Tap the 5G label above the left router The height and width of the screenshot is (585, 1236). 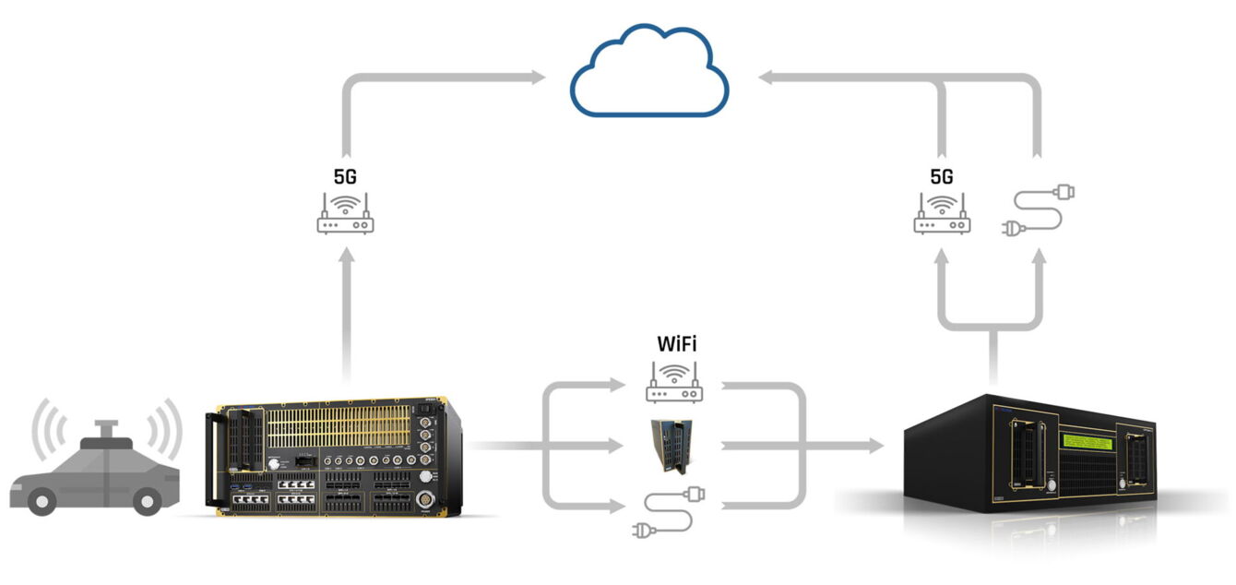[x=345, y=176]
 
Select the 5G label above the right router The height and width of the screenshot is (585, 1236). [x=942, y=176]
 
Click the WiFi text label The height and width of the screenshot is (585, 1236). [x=676, y=344]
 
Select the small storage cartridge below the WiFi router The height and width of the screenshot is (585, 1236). [x=671, y=447]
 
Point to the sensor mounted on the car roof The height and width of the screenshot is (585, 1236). [x=106, y=434]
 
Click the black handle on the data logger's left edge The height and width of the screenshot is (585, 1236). [x=211, y=460]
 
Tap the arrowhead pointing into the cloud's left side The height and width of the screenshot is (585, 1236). [x=539, y=78]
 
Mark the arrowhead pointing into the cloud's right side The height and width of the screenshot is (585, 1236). [x=766, y=78]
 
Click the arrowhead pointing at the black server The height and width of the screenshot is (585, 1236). [x=877, y=446]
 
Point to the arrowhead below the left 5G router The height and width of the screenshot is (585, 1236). [x=347, y=255]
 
